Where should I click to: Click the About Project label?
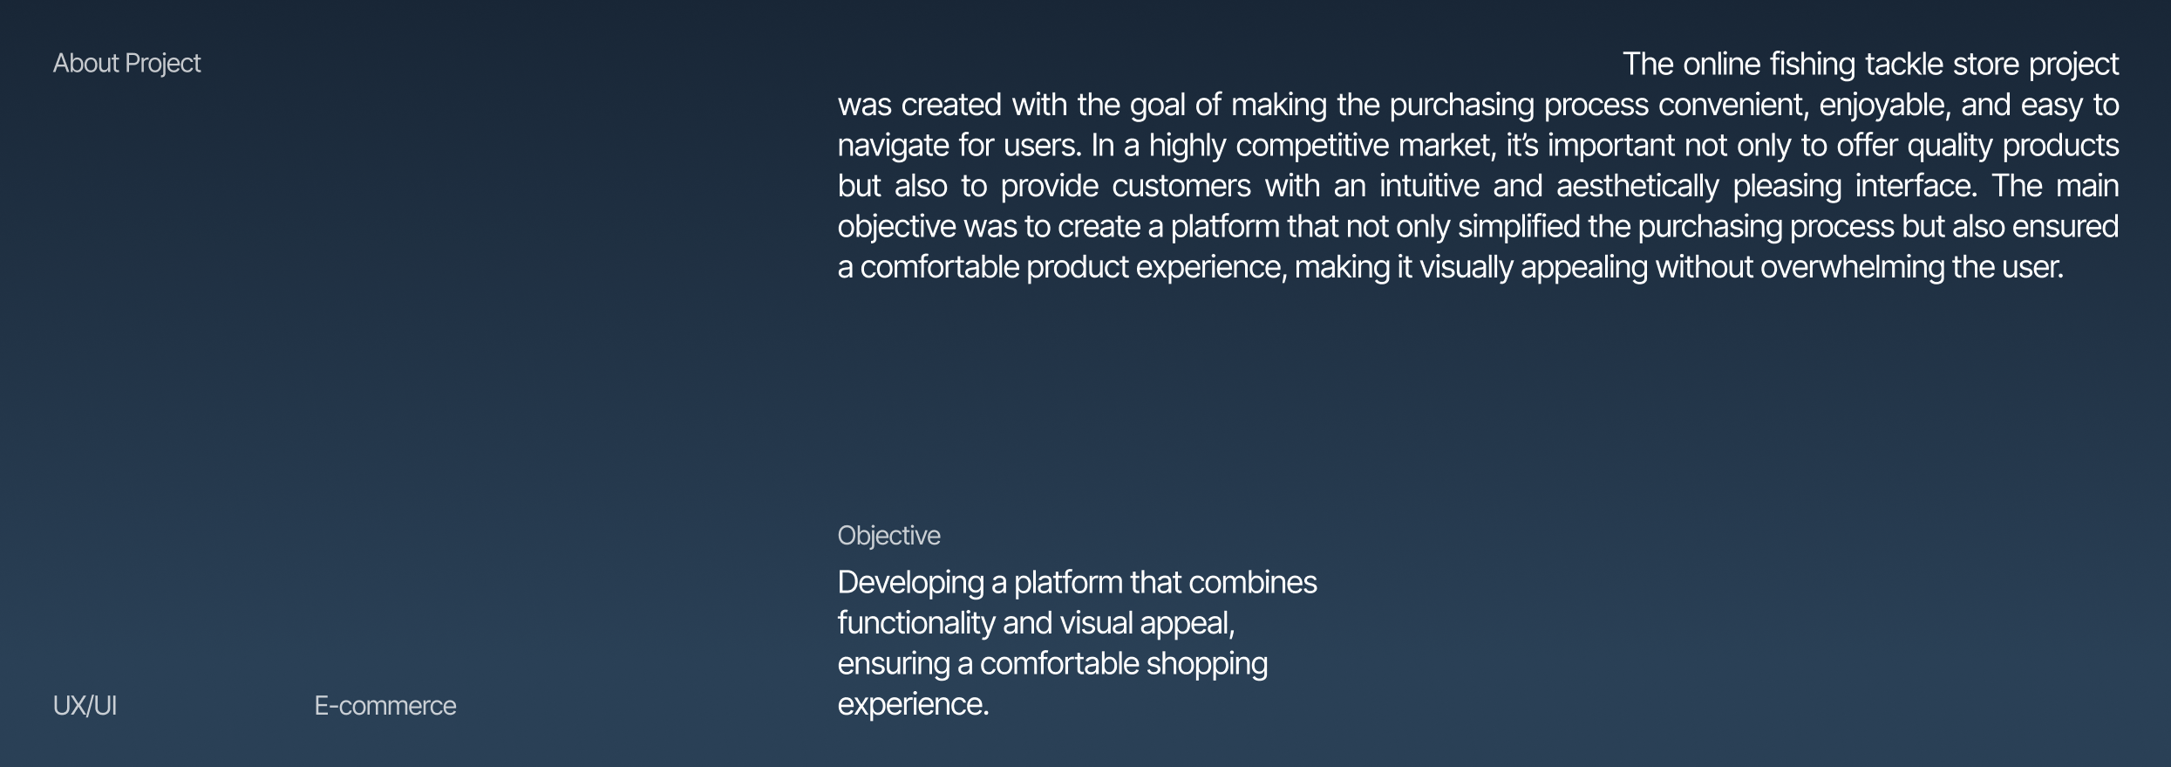(x=126, y=64)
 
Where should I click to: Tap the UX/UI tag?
(x=85, y=706)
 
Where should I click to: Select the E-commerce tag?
(x=385, y=706)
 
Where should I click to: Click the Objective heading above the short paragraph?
(x=888, y=536)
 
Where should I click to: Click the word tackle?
(x=1904, y=64)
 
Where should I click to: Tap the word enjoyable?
(x=1885, y=106)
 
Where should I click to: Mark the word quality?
(x=1950, y=146)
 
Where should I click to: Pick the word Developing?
(x=910, y=583)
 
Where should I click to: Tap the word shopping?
(x=1207, y=664)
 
